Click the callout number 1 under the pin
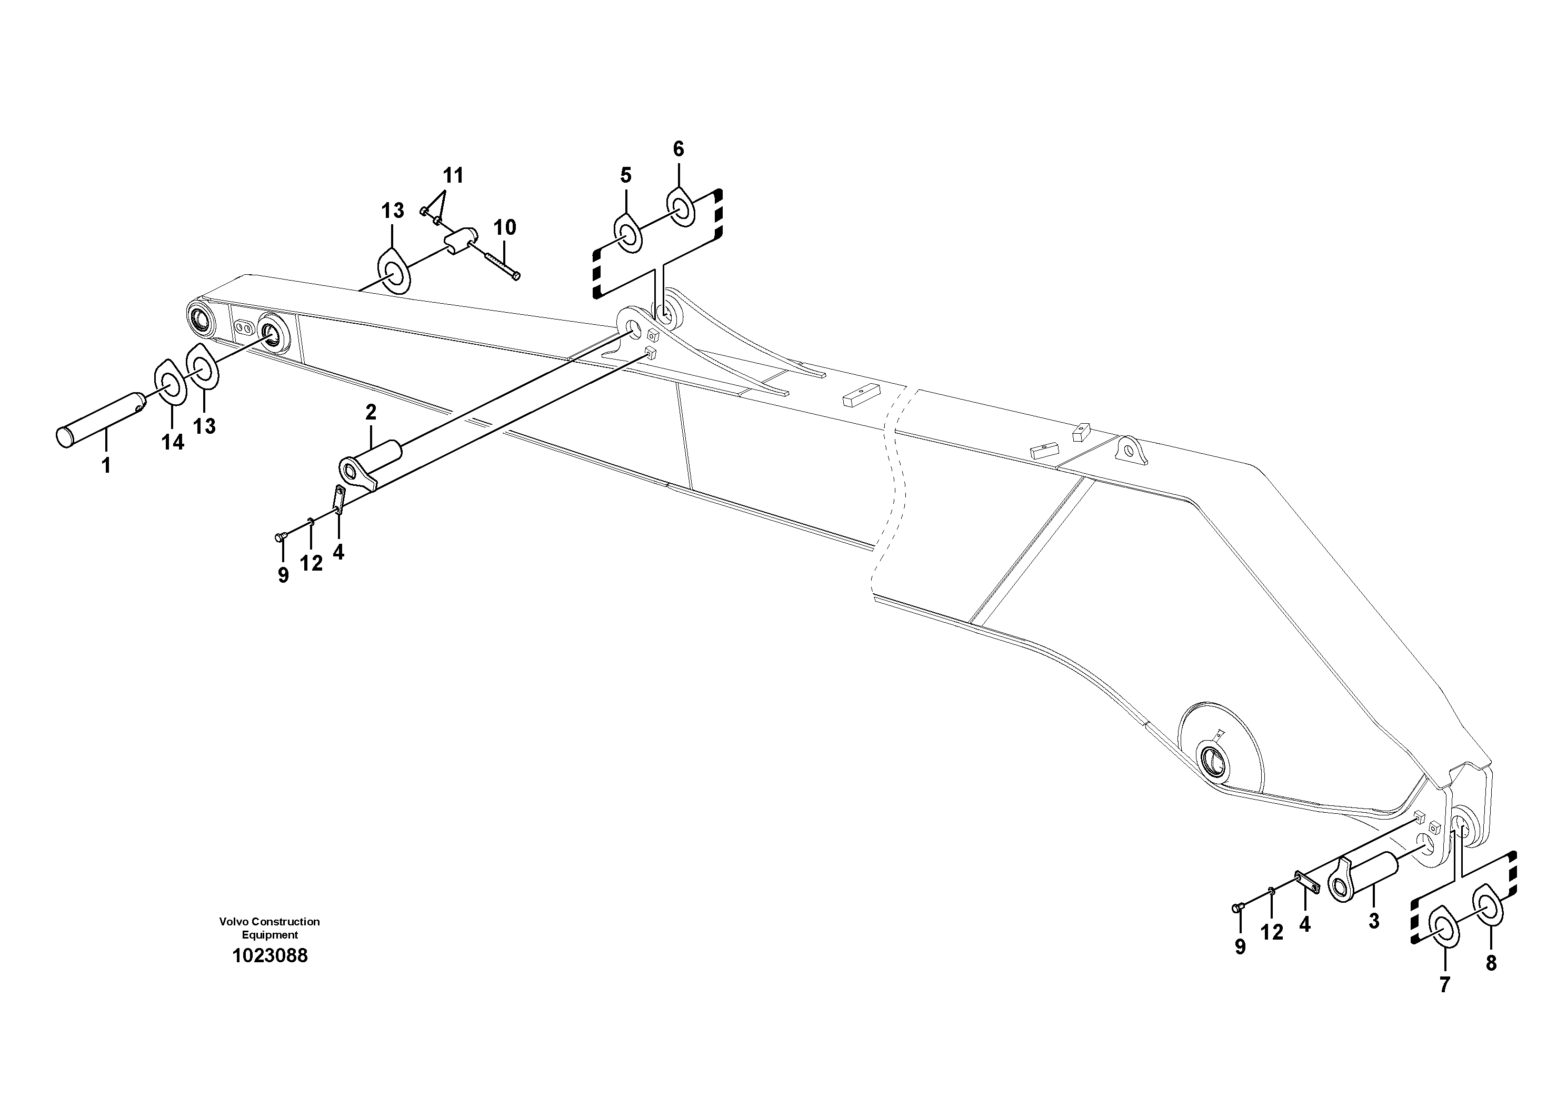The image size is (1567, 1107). click(x=106, y=466)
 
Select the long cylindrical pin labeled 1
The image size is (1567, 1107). click(x=99, y=417)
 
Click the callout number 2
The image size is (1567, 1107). click(x=371, y=412)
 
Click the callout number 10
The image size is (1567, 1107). click(x=505, y=227)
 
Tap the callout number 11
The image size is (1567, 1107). click(x=453, y=176)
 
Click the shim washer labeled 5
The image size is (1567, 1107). click(x=628, y=235)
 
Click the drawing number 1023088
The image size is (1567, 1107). click(x=270, y=955)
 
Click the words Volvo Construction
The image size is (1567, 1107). click(x=269, y=921)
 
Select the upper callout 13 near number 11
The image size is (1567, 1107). click(x=393, y=211)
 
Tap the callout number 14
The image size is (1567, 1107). click(x=173, y=442)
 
